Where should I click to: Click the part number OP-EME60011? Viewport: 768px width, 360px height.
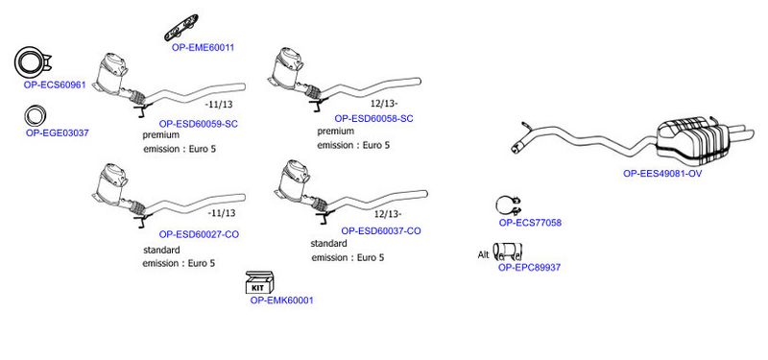pyautogui.click(x=203, y=47)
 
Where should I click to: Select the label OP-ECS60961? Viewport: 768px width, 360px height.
pyautogui.click(x=55, y=84)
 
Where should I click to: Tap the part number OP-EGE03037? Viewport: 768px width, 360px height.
pyautogui.click(x=58, y=132)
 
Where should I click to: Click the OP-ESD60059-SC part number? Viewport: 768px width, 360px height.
pyautogui.click(x=199, y=124)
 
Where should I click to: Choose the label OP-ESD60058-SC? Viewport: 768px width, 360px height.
pyautogui.click(x=373, y=118)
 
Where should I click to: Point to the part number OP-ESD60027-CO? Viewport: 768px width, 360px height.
pyautogui.click(x=199, y=234)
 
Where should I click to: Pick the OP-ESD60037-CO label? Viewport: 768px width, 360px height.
pyautogui.click(x=381, y=230)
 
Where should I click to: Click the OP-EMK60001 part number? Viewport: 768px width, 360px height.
pyautogui.click(x=281, y=300)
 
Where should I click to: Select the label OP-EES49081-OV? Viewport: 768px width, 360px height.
pyautogui.click(x=662, y=174)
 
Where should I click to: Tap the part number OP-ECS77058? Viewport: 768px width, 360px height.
pyautogui.click(x=530, y=223)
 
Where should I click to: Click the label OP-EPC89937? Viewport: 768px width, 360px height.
pyautogui.click(x=530, y=268)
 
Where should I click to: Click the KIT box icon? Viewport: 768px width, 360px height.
pyautogui.click(x=259, y=282)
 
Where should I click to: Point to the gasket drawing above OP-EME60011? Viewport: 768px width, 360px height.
pyautogui.click(x=181, y=28)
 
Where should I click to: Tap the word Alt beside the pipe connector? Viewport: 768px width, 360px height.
pyautogui.click(x=484, y=254)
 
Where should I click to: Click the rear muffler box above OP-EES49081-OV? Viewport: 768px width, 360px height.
pyautogui.click(x=692, y=140)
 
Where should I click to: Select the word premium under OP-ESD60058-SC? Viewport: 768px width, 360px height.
pyautogui.click(x=335, y=132)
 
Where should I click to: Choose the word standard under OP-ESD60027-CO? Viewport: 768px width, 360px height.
pyautogui.click(x=161, y=250)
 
